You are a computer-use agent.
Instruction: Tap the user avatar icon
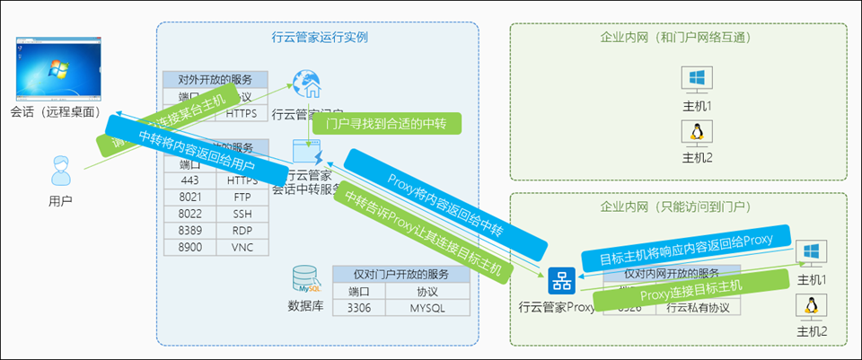(x=60, y=168)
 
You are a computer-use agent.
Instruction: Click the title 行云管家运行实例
(x=320, y=38)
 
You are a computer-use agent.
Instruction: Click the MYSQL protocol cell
(x=435, y=307)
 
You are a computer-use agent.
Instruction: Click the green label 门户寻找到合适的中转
(x=391, y=123)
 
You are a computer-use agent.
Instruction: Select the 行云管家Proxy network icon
(x=562, y=282)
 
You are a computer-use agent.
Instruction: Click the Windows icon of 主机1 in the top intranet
(x=696, y=79)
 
